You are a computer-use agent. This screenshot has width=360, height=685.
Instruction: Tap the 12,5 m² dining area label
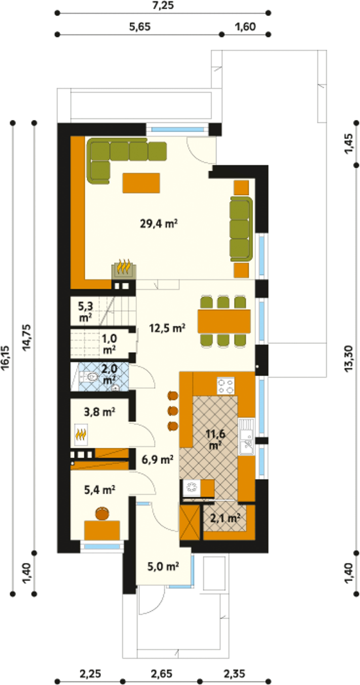click(167, 328)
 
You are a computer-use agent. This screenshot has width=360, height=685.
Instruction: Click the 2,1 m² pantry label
click(225, 518)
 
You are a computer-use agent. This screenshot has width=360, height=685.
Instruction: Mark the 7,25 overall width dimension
click(163, 6)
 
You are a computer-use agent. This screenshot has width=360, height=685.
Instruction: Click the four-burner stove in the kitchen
click(225, 386)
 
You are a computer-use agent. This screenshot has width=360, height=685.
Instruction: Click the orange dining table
click(224, 321)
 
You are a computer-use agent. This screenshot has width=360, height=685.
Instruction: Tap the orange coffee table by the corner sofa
click(141, 183)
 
